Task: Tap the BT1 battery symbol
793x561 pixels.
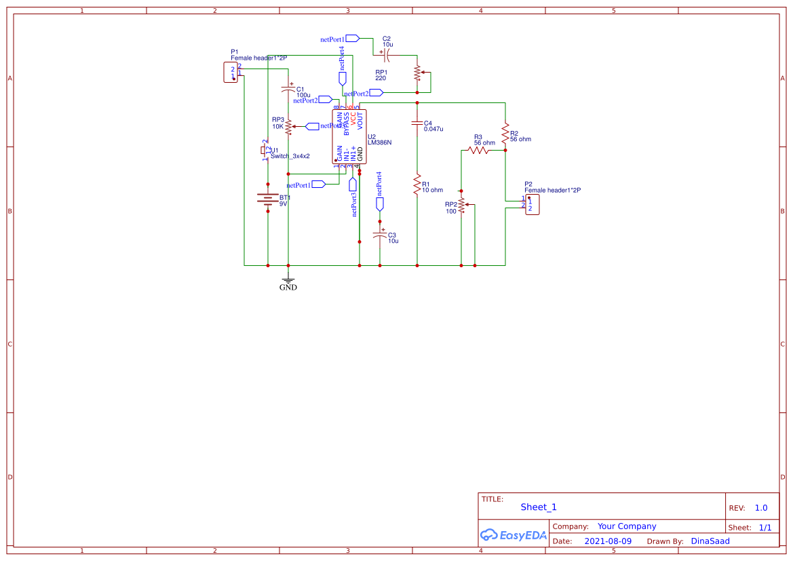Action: [x=267, y=199]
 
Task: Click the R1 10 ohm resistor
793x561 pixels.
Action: [x=417, y=185]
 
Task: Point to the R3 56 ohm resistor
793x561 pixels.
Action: [x=478, y=150]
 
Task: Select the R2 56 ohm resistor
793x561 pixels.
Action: [x=505, y=133]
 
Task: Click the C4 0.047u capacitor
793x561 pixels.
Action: [x=417, y=123]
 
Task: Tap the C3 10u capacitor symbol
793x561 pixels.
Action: [x=380, y=235]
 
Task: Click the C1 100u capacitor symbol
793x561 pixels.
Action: [x=288, y=90]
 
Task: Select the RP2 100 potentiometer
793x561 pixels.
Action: [x=461, y=205]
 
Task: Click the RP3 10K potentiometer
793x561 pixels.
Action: [x=288, y=126]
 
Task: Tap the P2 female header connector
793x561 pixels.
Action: [x=533, y=205]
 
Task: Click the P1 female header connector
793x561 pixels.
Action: [x=231, y=72]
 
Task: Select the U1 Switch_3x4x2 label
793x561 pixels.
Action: [x=290, y=156]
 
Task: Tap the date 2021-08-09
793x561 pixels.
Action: [x=608, y=541]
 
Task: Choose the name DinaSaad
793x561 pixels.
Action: [x=710, y=541]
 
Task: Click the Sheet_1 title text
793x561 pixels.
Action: [x=539, y=507]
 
